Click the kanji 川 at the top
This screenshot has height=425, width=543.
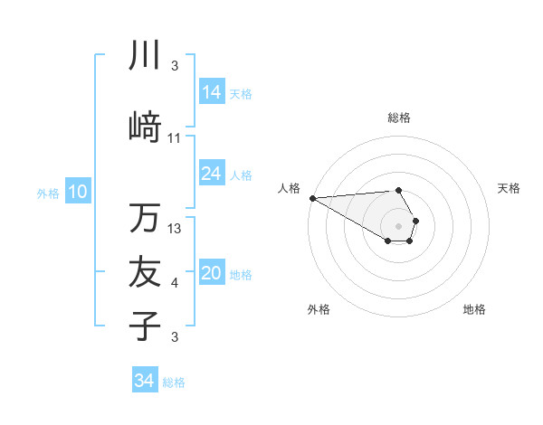click(145, 55)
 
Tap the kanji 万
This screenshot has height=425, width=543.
click(145, 218)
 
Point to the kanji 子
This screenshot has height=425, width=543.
click(145, 326)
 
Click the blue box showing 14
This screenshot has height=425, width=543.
click(212, 92)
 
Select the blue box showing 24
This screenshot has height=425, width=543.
click(212, 174)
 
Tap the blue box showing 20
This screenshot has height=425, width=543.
click(212, 274)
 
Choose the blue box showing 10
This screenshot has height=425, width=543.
click(78, 192)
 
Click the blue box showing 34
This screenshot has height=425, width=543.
click(145, 381)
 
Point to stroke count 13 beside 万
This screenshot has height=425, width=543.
click(176, 229)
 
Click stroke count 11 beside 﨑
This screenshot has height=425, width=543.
click(176, 138)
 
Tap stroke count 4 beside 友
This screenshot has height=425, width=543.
click(175, 284)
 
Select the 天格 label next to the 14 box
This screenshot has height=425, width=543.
click(241, 93)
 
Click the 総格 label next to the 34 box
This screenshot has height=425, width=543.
click(174, 382)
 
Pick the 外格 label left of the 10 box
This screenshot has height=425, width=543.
click(47, 193)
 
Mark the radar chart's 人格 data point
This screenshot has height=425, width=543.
click(312, 198)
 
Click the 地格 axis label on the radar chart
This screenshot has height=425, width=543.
click(474, 310)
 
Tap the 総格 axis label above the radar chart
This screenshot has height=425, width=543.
click(398, 118)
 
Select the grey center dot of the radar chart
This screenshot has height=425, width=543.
click(398, 225)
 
